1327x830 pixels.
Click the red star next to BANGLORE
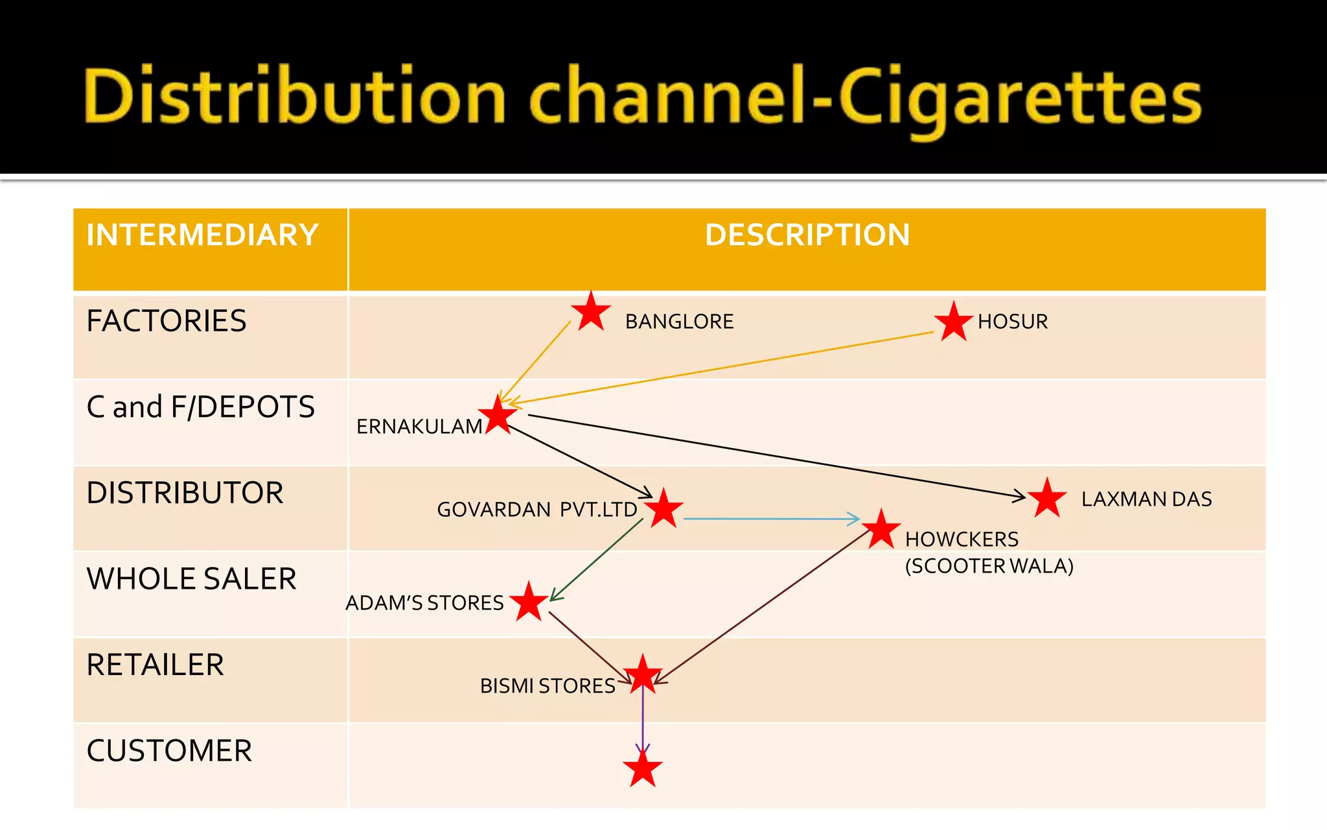[591, 313]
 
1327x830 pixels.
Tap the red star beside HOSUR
[953, 322]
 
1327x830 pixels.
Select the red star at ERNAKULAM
[498, 416]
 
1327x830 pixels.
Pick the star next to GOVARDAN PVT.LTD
[663, 509]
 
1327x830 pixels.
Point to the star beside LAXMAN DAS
[1046, 499]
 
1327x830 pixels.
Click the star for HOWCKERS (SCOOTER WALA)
[881, 530]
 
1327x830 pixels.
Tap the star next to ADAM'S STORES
[529, 602]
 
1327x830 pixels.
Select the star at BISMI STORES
[643, 675]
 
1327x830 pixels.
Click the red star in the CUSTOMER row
[643, 770]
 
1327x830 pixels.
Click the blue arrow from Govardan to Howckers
[771, 519]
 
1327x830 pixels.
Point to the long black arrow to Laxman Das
[778, 456]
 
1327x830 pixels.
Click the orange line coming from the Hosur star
[719, 368]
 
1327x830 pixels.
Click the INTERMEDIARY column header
[202, 235]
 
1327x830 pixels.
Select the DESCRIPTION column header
[807, 235]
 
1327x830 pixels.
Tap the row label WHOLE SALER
[192, 578]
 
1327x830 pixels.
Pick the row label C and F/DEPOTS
[201, 407]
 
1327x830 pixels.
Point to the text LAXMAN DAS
[1146, 499]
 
